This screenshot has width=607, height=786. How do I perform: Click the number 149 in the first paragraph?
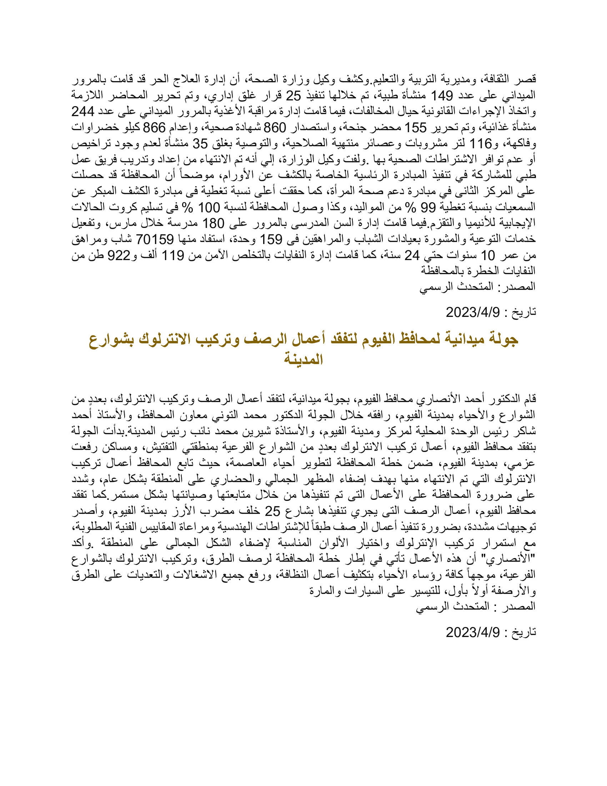coord(442,95)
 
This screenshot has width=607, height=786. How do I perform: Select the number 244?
coord(83,111)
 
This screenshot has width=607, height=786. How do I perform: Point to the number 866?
coord(154,128)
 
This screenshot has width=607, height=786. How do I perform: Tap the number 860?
coord(275,128)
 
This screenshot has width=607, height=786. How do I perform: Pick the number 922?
coord(119,255)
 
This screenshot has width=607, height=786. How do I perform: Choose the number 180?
coord(213,223)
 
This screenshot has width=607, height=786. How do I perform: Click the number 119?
coord(172,255)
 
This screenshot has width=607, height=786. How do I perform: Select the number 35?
coord(201,144)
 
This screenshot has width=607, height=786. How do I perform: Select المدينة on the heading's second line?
coord(303,359)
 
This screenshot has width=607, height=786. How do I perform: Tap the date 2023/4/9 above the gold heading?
coord(472,312)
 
